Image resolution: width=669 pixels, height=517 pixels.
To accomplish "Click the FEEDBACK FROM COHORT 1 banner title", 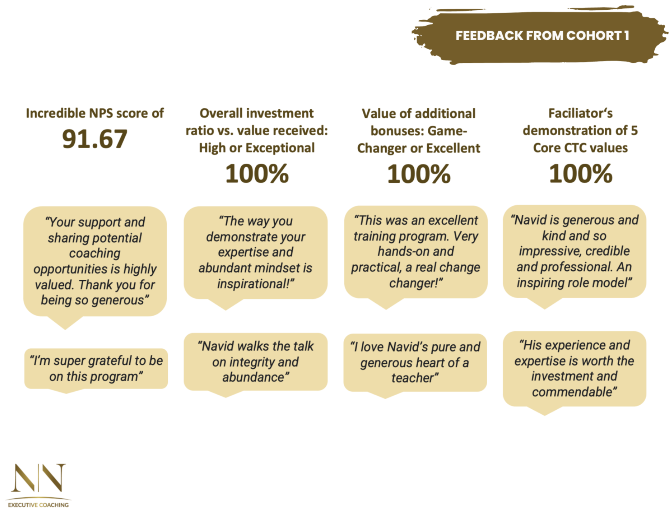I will click(542, 36).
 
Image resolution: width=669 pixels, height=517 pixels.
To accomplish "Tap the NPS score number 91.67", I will click(95, 139).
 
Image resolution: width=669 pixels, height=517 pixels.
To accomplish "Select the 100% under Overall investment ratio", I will click(257, 173).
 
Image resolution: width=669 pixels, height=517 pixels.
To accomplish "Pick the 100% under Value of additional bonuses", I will click(419, 173).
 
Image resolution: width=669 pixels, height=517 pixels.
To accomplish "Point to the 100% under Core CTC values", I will click(580, 173).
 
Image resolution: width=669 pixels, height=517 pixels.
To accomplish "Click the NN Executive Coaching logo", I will click(38, 485).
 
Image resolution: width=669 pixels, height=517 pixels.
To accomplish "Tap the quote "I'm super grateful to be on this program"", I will click(96, 368).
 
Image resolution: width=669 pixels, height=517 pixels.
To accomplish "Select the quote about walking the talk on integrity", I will click(256, 362).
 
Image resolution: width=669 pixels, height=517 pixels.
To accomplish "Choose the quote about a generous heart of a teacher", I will click(415, 362).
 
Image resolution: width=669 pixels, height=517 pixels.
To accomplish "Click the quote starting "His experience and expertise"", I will click(574, 368).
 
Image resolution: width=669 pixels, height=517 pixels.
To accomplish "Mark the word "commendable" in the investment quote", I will click(574, 392).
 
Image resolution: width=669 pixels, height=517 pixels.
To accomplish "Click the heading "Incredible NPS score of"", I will click(95, 113).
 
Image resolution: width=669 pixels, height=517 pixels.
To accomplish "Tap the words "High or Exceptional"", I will click(257, 148).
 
